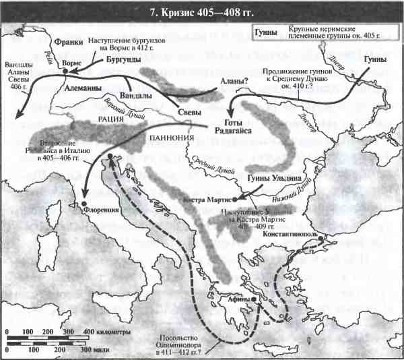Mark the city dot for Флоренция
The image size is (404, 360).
(x=83, y=203)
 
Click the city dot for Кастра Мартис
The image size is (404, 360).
(x=236, y=199)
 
